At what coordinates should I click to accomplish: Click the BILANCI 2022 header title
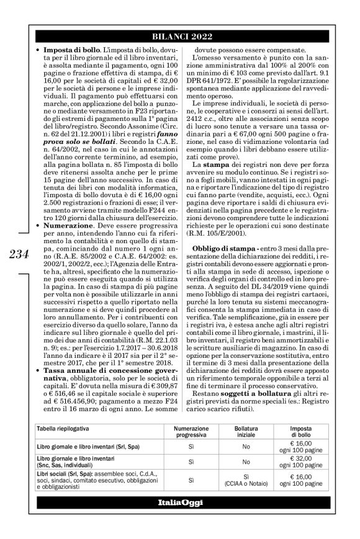pyautogui.click(x=179, y=37)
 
